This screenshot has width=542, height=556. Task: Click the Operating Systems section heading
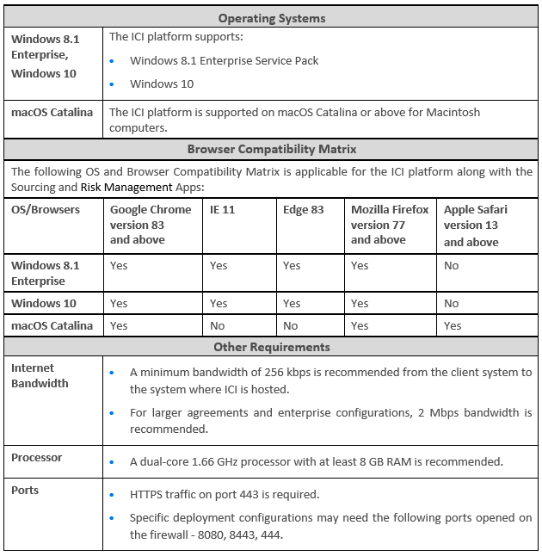pyautogui.click(x=271, y=18)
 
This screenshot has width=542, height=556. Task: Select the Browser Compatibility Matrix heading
pyautogui.click(x=271, y=149)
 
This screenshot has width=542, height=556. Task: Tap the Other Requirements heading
pyautogui.click(x=271, y=347)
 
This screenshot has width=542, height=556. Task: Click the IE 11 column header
pyautogui.click(x=223, y=209)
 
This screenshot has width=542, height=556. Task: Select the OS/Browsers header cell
pyautogui.click(x=46, y=209)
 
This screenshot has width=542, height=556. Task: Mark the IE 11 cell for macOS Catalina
pyautogui.click(x=218, y=325)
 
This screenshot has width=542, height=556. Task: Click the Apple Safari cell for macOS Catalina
pyautogui.click(x=453, y=325)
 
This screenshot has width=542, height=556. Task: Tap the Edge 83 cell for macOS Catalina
pyautogui.click(x=291, y=325)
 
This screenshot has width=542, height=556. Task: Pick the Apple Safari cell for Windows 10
pyautogui.click(x=452, y=303)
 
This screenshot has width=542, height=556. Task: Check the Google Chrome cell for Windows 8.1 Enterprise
pyautogui.click(x=119, y=265)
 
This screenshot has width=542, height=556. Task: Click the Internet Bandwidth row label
pyautogui.click(x=40, y=375)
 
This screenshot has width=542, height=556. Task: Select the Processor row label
pyautogui.click(x=37, y=457)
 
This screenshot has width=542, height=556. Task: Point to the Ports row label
pyautogui.click(x=25, y=490)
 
